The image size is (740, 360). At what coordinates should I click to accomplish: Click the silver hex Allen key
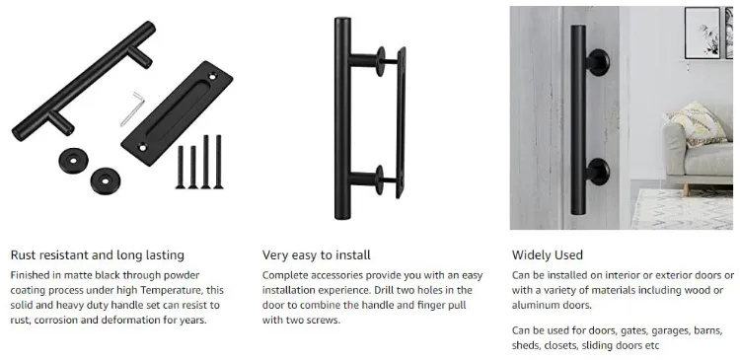[x=131, y=108]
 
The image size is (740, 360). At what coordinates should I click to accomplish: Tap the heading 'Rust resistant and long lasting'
[x=98, y=255]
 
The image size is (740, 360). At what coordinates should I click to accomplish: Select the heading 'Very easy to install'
[x=316, y=255]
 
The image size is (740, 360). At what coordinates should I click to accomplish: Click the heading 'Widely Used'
[x=547, y=255]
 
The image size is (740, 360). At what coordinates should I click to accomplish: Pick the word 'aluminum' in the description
[x=532, y=305]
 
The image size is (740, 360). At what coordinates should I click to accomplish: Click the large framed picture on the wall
[x=703, y=33]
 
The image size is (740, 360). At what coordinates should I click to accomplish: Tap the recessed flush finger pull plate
[x=177, y=113]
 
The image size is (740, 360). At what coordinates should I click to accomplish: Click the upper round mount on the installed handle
[x=598, y=63]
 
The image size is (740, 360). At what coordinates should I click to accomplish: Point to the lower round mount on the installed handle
[x=598, y=172]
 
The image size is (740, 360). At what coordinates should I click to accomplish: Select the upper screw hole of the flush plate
[x=213, y=76]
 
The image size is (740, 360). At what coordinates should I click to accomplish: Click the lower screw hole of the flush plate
[x=142, y=147]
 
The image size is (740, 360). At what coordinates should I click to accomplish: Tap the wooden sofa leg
[x=685, y=188]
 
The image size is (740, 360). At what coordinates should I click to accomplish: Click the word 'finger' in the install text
[x=430, y=306]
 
